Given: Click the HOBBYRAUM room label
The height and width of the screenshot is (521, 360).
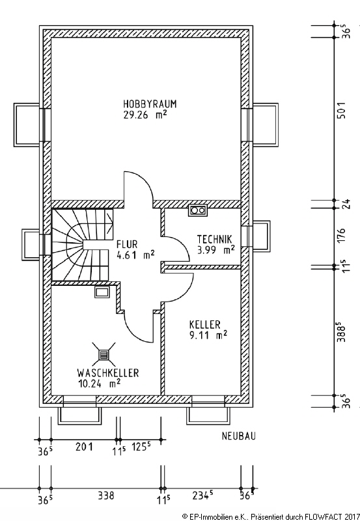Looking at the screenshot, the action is (150, 104).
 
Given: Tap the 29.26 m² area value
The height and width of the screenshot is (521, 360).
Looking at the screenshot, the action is (145, 115).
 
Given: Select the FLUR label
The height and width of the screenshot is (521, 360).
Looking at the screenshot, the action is (127, 245).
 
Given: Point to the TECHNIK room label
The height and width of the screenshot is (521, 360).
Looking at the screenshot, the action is (215, 239).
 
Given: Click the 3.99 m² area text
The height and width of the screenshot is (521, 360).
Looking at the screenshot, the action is (216, 250).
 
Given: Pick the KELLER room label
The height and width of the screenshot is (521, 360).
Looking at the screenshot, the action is (205, 324).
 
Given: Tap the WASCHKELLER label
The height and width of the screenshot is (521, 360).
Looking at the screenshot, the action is (108, 373).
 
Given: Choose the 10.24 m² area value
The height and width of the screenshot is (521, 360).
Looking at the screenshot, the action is (100, 384).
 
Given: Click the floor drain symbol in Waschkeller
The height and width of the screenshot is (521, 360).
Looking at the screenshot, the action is (104, 355).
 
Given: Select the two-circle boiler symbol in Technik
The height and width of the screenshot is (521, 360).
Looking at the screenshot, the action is (198, 210).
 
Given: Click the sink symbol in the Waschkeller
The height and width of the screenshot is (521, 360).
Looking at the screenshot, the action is (102, 292).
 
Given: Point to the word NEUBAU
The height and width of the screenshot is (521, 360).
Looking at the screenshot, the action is (239, 436).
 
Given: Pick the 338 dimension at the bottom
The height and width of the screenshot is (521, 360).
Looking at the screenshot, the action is (106, 496).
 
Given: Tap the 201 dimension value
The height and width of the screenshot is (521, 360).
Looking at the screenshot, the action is (84, 447).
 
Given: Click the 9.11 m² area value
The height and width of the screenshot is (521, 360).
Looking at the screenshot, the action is (208, 335).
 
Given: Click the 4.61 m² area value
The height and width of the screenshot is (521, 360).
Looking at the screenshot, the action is (135, 255).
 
